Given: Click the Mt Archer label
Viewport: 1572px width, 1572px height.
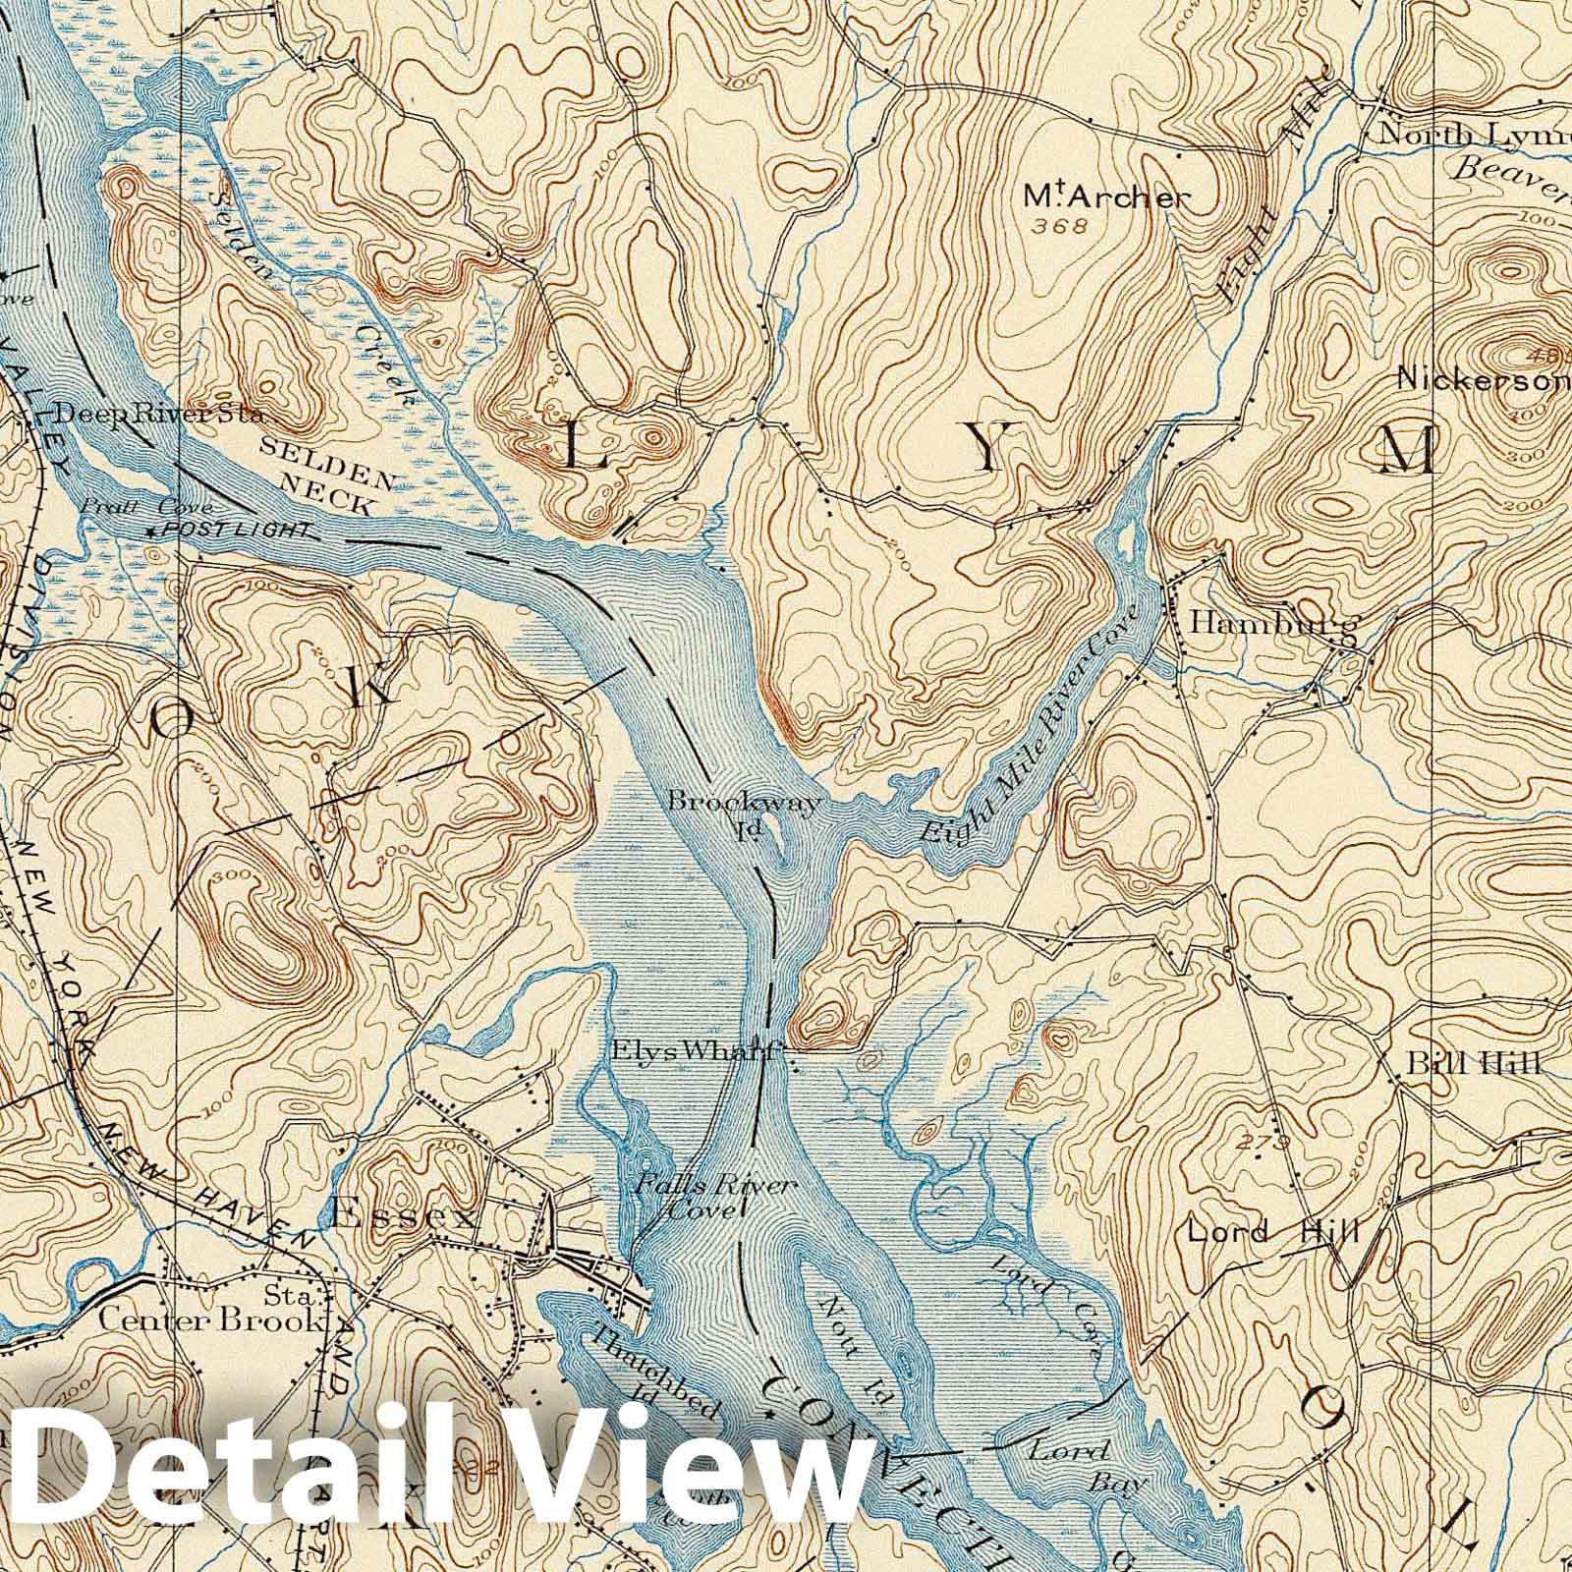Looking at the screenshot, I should (x=1105, y=196).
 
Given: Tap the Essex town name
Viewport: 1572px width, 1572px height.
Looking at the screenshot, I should (x=404, y=1216).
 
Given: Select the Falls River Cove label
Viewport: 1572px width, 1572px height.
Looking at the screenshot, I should (x=714, y=1197).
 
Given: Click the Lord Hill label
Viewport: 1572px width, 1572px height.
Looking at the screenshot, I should (x=1272, y=1230).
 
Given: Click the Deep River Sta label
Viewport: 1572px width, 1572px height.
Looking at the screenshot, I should (x=158, y=414).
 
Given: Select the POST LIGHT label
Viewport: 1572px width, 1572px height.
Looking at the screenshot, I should (x=237, y=531).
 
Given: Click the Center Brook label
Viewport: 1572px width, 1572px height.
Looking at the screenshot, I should (x=212, y=1319).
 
